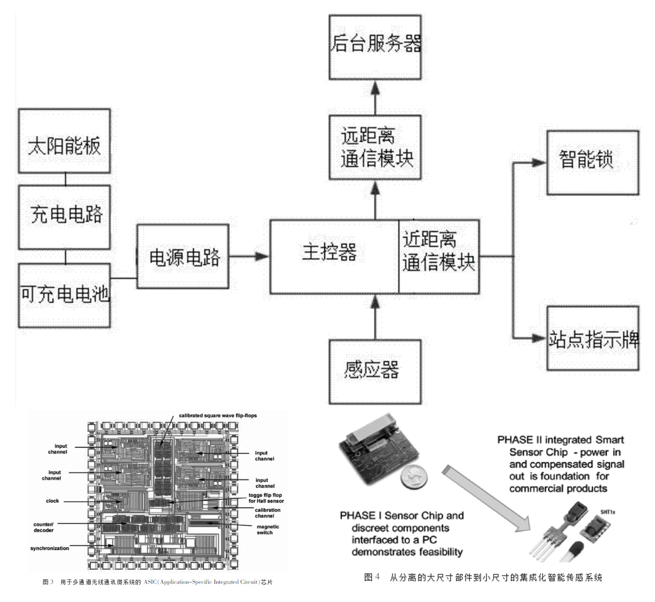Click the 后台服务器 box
tap(375, 47)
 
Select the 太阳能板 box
tap(64, 141)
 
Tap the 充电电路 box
tap(64, 217)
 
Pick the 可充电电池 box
tap(64, 295)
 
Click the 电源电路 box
tap(183, 256)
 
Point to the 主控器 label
tap(329, 252)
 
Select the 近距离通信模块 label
tap(438, 251)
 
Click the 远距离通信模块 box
tap(375, 147)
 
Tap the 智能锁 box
tap(592, 162)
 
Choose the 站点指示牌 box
tap(592, 338)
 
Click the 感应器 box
tap(375, 371)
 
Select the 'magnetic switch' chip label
tap(267, 530)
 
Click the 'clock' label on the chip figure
tap(52, 501)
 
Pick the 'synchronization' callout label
tap(50, 548)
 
